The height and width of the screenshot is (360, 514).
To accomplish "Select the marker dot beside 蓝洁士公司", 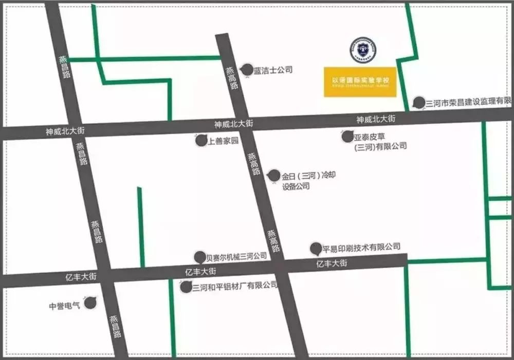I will click(247, 70).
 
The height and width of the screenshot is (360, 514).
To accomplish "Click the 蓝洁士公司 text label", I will click(272, 70).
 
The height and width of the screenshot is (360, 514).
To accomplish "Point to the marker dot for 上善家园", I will click(201, 141).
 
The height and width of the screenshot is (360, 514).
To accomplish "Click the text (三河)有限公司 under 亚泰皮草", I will click(380, 146).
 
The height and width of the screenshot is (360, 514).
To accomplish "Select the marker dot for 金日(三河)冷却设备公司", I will click(274, 176).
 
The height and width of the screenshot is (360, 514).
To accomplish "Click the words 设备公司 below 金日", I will click(296, 186).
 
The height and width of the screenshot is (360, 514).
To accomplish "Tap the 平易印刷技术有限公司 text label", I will click(361, 248).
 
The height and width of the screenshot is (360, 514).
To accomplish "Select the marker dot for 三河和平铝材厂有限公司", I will click(186, 287).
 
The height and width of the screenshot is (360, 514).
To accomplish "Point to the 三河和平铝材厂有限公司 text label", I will click(234, 286).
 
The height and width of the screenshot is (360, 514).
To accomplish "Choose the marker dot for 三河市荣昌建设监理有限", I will click(419, 102).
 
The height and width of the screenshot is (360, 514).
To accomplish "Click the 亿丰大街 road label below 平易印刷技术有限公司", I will click(332, 263).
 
